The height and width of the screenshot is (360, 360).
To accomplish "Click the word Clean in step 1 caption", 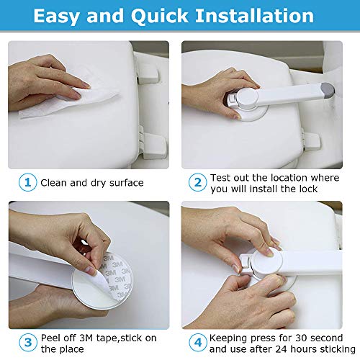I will click(x=55, y=183).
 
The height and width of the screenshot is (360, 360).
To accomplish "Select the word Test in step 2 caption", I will click(x=221, y=178).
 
